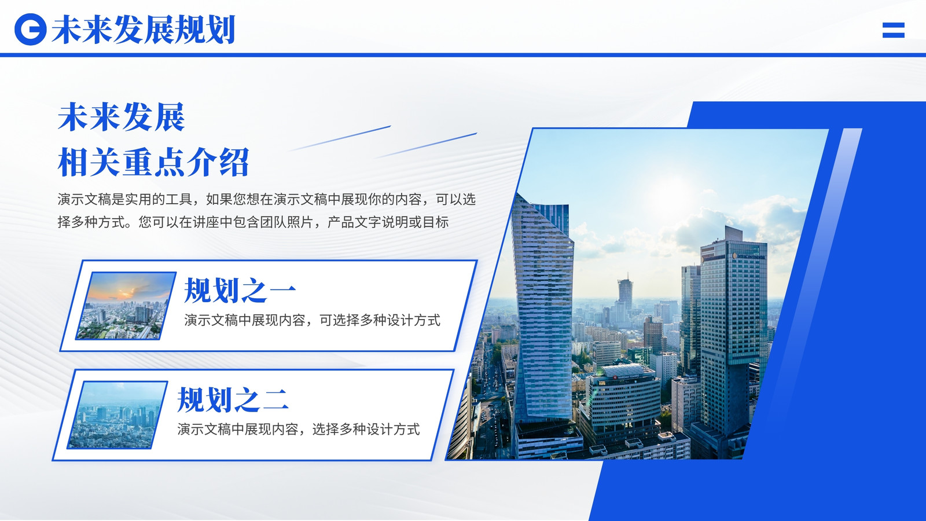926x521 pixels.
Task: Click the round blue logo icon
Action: (31, 30)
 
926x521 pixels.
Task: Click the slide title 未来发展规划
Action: (144, 30)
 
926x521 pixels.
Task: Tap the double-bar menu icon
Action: (894, 30)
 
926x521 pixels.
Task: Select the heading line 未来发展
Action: (121, 118)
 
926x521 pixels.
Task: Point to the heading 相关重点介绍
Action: (153, 162)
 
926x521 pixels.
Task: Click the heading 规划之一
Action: (240, 290)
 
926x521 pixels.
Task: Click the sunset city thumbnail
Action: (126, 306)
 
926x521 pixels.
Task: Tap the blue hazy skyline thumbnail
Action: (117, 414)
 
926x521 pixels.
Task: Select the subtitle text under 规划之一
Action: (312, 321)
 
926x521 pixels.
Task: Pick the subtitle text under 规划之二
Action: (299, 430)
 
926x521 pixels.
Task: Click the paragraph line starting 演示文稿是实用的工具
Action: (267, 200)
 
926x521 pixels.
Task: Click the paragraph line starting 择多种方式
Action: (253, 222)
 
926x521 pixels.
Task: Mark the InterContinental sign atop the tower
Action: (749, 256)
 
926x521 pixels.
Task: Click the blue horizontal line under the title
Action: (463, 55)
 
